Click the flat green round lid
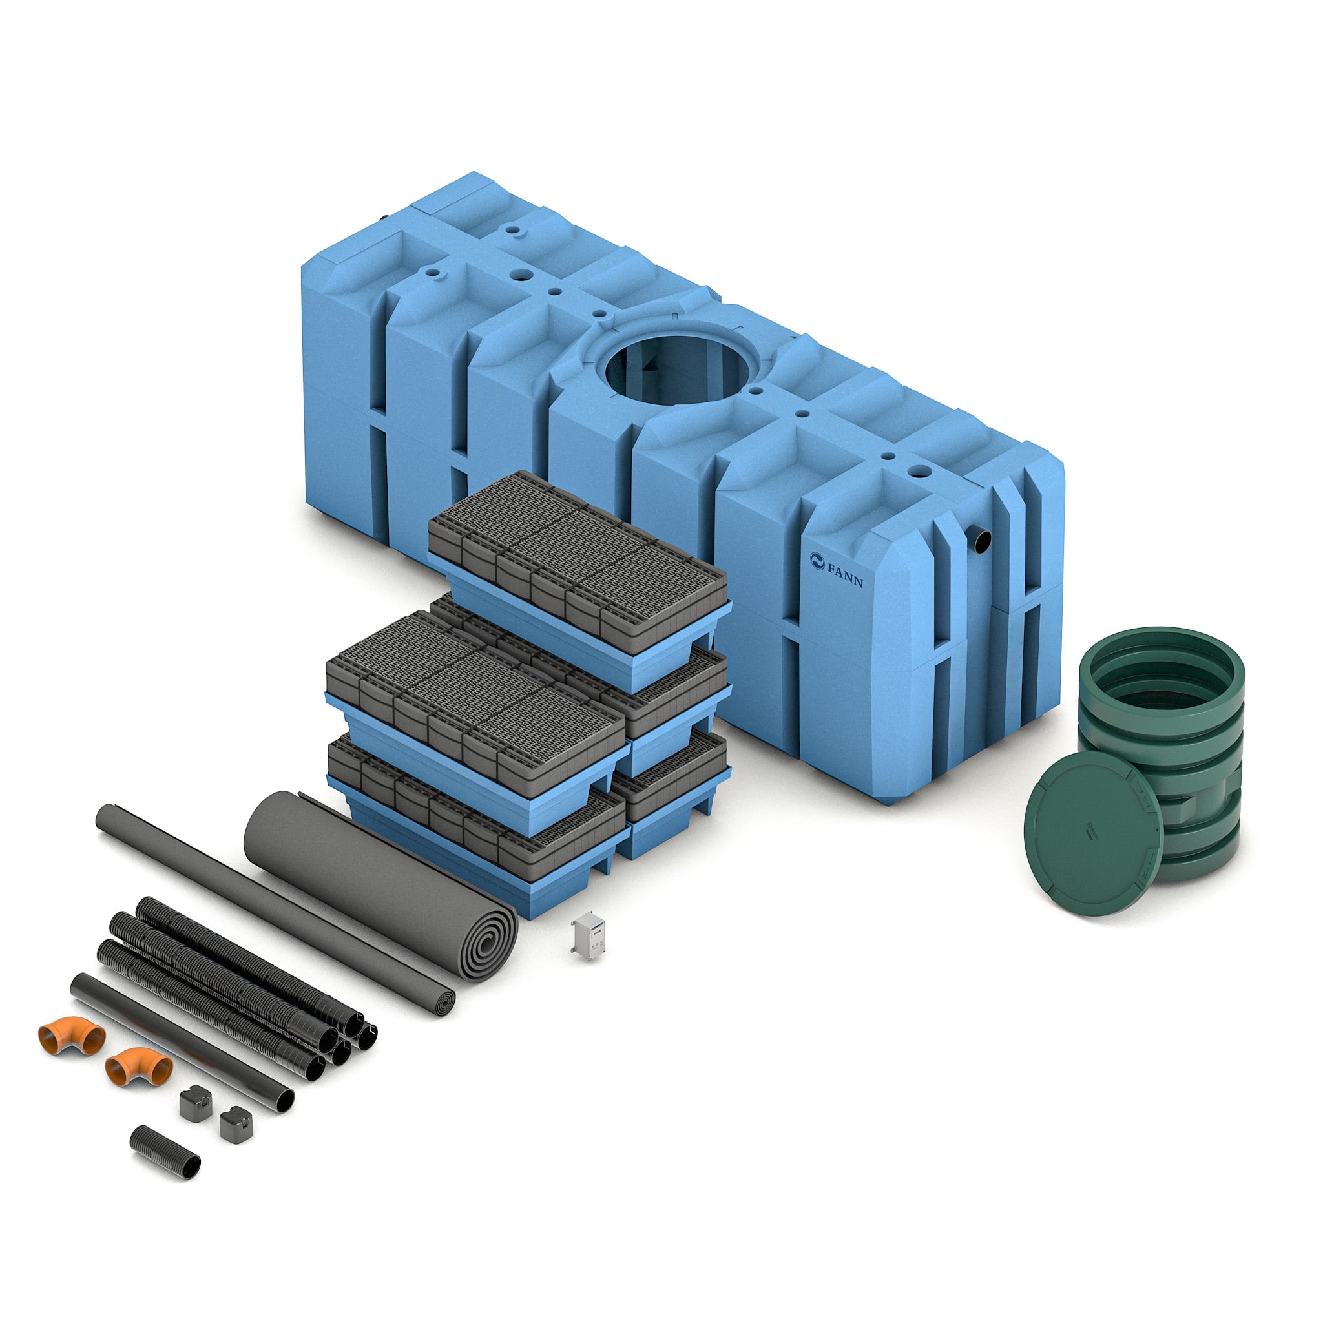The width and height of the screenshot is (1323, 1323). pyautogui.click(x=1094, y=834)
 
